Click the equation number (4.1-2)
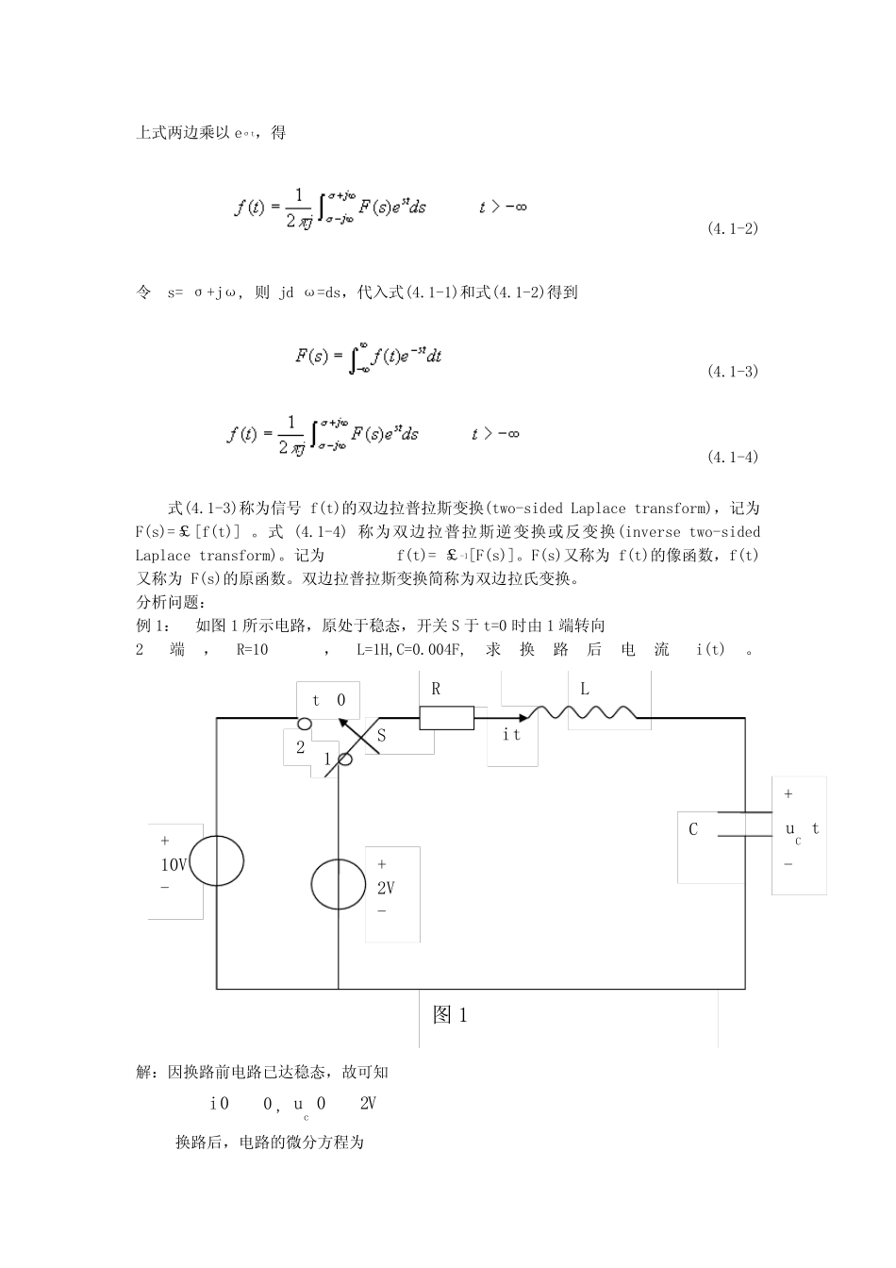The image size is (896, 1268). (732, 229)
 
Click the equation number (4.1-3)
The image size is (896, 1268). (732, 372)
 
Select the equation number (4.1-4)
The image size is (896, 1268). (732, 458)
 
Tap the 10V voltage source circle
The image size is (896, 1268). (219, 860)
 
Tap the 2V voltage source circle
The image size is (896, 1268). (338, 884)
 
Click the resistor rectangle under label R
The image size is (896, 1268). (446, 718)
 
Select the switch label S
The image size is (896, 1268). (381, 736)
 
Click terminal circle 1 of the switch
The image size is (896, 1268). (345, 759)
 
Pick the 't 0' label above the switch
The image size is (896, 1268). (328, 700)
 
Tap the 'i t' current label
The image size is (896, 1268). (511, 735)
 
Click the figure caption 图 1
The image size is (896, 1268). (450, 1015)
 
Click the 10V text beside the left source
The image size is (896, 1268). (174, 864)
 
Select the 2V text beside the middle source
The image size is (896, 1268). (386, 888)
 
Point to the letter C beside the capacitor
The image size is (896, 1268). (693, 830)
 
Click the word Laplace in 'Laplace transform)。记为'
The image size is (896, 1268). (163, 557)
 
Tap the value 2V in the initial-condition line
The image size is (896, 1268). (368, 1104)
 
